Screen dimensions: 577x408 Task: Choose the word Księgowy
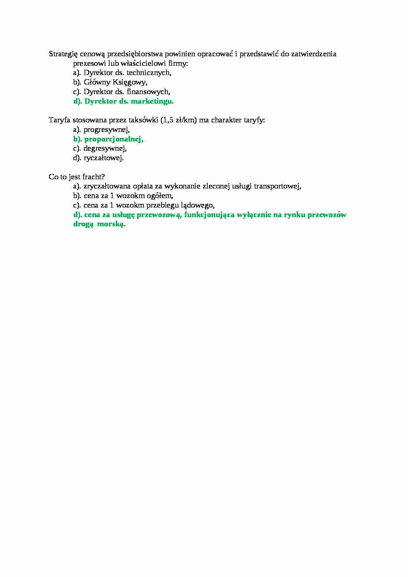pos(130,82)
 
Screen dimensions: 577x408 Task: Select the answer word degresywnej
pos(105,148)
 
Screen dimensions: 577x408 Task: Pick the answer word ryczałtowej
pos(104,158)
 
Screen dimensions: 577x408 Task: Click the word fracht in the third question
pos(95,177)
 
